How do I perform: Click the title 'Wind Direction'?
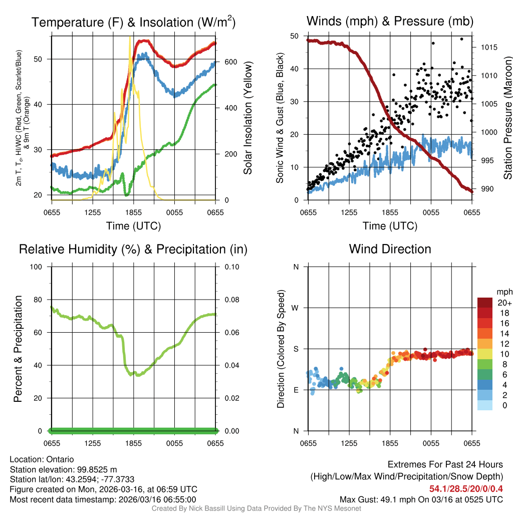pyautogui.click(x=390, y=249)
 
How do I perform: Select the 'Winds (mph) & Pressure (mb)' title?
pyautogui.click(x=390, y=21)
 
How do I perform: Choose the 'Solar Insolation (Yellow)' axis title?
pyautogui.click(x=248, y=118)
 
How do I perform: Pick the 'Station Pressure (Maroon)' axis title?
pyautogui.click(x=507, y=118)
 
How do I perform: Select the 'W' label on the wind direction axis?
pyautogui.click(x=296, y=308)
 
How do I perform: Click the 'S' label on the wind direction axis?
pyautogui.click(x=296, y=349)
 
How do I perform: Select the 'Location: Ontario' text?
pyautogui.click(x=42, y=459)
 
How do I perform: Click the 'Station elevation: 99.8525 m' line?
pyautogui.click(x=63, y=469)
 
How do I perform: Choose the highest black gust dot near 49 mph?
pyautogui.click(x=461, y=39)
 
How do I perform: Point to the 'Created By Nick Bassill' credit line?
pyautogui.click(x=256, y=508)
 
